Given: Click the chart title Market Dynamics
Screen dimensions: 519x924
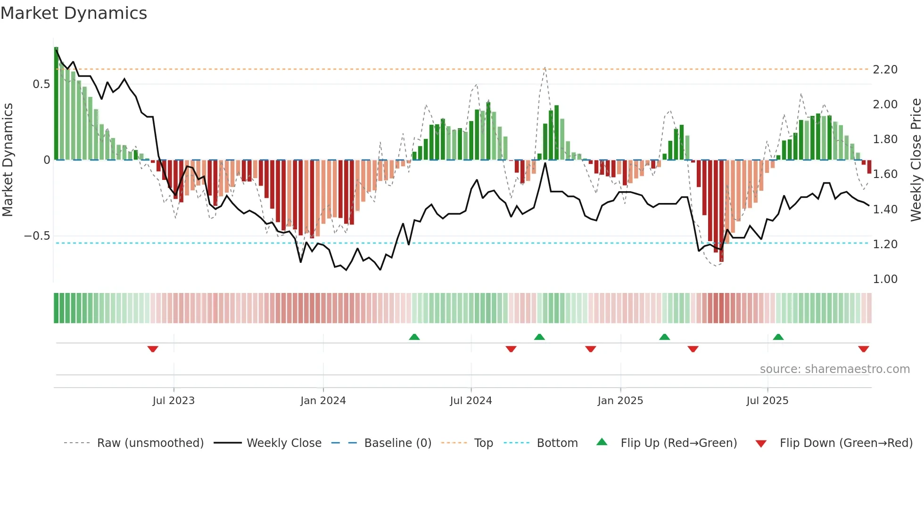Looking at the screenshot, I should pyautogui.click(x=74, y=13).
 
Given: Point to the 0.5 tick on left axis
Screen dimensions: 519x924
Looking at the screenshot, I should pyautogui.click(x=41, y=84).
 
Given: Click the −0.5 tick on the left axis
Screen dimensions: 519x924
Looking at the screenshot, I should pyautogui.click(x=37, y=236).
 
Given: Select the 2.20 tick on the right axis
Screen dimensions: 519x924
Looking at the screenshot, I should pyautogui.click(x=885, y=70).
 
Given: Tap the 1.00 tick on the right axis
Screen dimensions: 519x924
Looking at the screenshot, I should pyautogui.click(x=885, y=279).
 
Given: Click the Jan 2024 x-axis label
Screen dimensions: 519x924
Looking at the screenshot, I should pyautogui.click(x=323, y=401).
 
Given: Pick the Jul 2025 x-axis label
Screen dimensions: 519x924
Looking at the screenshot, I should pyautogui.click(x=767, y=401).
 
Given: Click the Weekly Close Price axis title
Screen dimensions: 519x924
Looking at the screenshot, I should pyautogui.click(x=916, y=160).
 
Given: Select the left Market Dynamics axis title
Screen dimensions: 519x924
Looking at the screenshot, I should pyautogui.click(x=8, y=160).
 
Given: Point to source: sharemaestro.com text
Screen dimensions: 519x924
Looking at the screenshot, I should pyautogui.click(x=834, y=369).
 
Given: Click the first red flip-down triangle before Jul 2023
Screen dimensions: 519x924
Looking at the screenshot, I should pyautogui.click(x=153, y=349).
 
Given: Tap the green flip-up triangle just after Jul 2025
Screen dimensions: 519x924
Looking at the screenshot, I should pyautogui.click(x=778, y=337).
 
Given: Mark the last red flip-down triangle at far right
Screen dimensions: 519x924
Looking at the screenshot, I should pyautogui.click(x=864, y=349).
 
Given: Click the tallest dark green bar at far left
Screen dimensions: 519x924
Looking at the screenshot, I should pyautogui.click(x=56, y=104).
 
